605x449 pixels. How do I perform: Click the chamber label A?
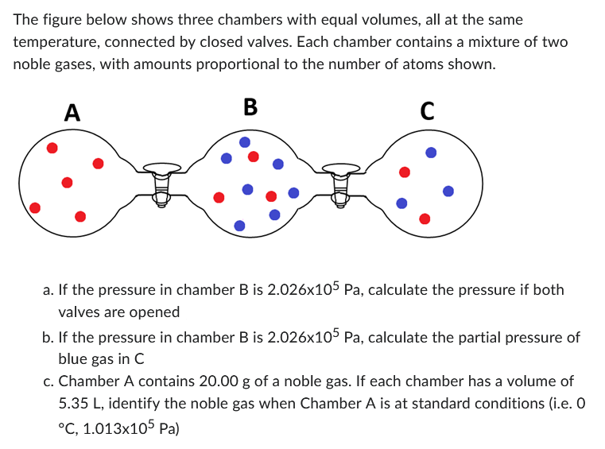72,112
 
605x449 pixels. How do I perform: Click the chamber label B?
250,106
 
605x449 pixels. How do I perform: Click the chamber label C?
427,112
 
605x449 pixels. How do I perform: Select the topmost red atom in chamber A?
52,148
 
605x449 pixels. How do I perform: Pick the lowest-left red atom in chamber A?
34,208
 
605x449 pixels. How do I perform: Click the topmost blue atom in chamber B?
245,141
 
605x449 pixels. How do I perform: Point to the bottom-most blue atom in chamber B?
239,226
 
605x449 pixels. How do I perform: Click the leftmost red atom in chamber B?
219,196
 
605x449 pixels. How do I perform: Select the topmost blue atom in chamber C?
430,152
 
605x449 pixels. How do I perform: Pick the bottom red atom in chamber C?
425,218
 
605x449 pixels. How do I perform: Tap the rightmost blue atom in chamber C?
448,192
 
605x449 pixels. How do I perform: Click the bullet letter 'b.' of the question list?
48,337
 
